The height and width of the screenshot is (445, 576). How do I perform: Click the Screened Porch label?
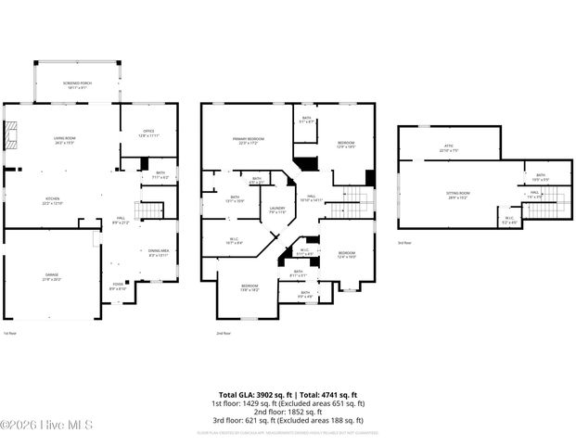point(77,85)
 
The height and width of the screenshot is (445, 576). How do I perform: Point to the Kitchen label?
point(53,201)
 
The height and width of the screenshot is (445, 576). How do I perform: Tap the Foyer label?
point(118,286)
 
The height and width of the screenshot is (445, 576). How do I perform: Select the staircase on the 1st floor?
point(148,210)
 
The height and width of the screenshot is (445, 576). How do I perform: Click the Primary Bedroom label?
point(248,141)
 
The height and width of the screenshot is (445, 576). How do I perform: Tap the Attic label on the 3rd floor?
point(448,148)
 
